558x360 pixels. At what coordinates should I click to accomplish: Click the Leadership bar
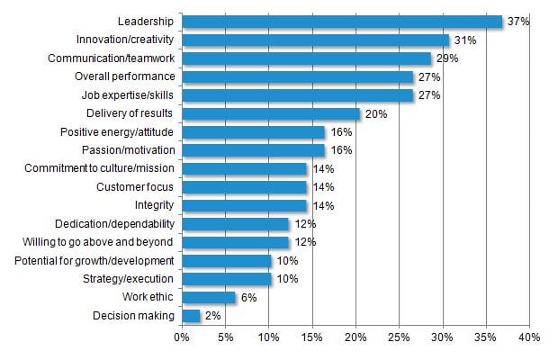click(x=342, y=21)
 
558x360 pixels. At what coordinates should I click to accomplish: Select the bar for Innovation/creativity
click(x=315, y=40)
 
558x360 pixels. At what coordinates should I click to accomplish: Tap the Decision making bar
click(x=191, y=315)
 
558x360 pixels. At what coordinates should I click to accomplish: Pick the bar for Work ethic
click(x=208, y=297)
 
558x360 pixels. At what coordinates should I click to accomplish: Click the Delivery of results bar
click(x=270, y=113)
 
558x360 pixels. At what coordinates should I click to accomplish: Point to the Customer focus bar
click(x=244, y=186)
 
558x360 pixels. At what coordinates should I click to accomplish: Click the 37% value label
click(x=517, y=21)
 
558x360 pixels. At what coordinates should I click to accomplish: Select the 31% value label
click(x=464, y=40)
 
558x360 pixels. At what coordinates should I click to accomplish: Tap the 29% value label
click(x=446, y=58)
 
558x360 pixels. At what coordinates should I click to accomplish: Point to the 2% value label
click(x=212, y=315)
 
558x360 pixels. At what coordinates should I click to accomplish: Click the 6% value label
click(x=248, y=297)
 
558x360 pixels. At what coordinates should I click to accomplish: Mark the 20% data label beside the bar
click(x=375, y=113)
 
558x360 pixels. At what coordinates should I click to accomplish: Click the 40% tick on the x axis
click(x=528, y=337)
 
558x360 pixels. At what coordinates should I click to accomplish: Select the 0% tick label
click(x=181, y=337)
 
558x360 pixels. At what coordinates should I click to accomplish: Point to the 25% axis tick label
click(x=399, y=337)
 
